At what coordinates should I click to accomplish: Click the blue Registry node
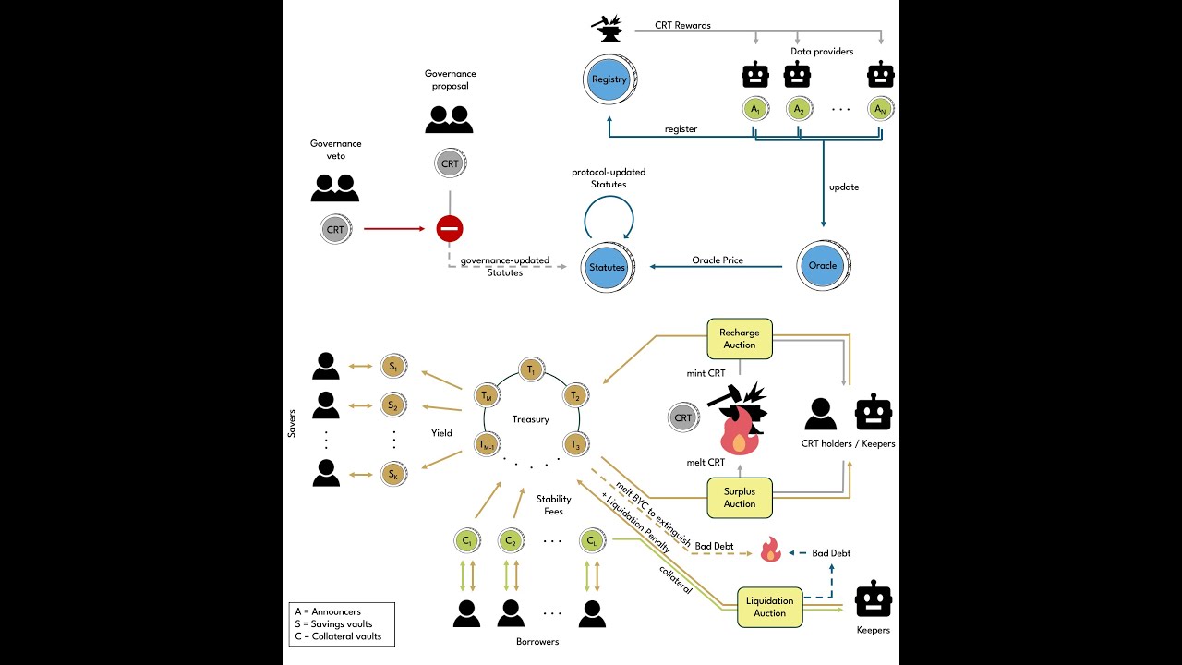609,79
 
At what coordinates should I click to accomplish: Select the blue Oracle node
822,266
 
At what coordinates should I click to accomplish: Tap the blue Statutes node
608,268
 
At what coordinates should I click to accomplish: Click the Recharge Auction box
739,338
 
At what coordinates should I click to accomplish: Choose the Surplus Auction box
739,498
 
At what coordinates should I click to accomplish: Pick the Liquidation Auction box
769,607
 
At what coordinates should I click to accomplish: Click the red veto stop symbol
450,228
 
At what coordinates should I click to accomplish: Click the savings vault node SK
393,475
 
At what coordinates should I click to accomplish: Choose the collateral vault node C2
507,540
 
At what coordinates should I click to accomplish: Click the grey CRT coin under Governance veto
335,229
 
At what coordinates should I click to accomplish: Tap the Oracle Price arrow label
717,260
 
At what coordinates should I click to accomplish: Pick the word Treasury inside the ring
531,419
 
